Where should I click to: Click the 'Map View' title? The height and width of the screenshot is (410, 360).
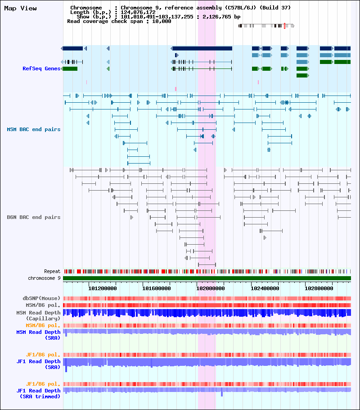click(20, 9)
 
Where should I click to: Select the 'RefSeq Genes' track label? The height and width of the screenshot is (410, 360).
click(41, 68)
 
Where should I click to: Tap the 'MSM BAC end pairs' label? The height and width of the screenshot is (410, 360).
click(34, 129)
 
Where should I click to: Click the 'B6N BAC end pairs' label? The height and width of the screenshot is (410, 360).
click(34, 217)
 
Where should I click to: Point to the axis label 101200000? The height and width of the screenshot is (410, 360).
click(103, 288)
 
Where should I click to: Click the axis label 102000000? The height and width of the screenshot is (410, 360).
click(210, 288)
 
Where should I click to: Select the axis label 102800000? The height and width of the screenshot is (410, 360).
click(319, 288)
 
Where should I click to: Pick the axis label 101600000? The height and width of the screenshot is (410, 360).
click(156, 288)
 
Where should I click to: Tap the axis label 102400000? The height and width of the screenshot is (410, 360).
click(265, 288)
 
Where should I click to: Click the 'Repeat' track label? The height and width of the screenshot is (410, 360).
click(52, 271)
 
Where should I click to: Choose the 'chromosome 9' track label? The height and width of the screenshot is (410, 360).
click(44, 278)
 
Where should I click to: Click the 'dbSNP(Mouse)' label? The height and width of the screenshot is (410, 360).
click(41, 298)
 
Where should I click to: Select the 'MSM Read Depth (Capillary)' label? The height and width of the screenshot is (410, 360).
click(38, 315)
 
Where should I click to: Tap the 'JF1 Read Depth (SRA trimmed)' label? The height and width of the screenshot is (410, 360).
click(38, 393)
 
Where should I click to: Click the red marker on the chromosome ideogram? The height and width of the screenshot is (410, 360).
click(284, 26)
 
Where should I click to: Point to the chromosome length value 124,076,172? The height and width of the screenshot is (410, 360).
click(138, 12)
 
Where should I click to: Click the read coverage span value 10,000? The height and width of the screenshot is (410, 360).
click(162, 22)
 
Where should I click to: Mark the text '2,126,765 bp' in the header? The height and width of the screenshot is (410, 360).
click(221, 17)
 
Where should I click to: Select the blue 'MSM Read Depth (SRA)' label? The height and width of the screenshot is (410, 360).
click(38, 335)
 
